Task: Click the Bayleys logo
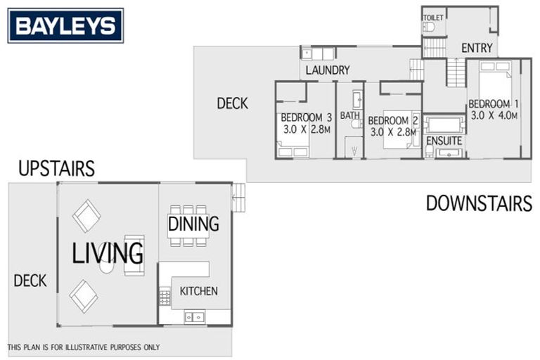[x=65, y=26]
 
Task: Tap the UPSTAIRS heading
[x=56, y=169]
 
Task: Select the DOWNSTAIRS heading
[x=478, y=204]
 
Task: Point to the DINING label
[x=193, y=224]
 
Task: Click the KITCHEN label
[x=199, y=291]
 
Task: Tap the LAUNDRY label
[x=327, y=70]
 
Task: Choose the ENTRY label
[x=477, y=48]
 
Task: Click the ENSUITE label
[x=444, y=141]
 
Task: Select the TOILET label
[x=433, y=18]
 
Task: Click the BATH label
[x=349, y=115]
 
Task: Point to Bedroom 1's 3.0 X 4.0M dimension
[x=494, y=115]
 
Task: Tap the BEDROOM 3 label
[x=306, y=117]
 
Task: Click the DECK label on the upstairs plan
[x=30, y=281]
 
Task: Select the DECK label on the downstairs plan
[x=232, y=104]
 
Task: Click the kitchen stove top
[x=165, y=297]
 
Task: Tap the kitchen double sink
[x=195, y=317]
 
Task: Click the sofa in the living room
[x=134, y=254]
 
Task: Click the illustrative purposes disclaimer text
[x=84, y=347]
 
